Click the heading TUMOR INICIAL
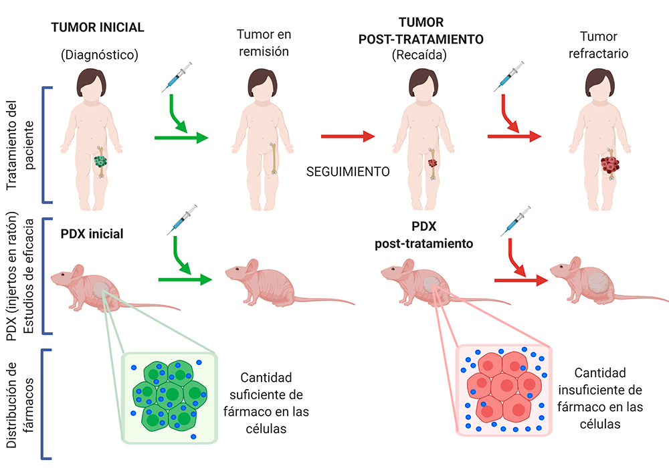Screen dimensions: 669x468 tap(98, 27)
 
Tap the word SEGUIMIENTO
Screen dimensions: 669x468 tap(348, 172)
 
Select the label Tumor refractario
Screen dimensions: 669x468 tap(598, 45)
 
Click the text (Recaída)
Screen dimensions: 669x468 tap(419, 55)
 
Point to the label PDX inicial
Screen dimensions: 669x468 tap(92, 234)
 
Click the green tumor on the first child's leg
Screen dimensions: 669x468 tap(100, 162)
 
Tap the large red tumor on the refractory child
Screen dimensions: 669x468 tap(609, 164)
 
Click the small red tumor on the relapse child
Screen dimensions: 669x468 tap(433, 163)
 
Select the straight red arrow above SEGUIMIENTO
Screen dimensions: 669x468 tap(348, 136)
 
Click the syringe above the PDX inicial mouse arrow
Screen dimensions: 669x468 tap(182, 219)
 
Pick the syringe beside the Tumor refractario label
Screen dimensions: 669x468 tap(508, 77)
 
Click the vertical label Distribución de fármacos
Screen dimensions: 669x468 tap(19, 405)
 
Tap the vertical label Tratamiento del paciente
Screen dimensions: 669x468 tap(19, 145)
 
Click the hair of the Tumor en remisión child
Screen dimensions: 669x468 tap(262, 81)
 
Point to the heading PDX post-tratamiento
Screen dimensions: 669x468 tap(423, 235)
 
